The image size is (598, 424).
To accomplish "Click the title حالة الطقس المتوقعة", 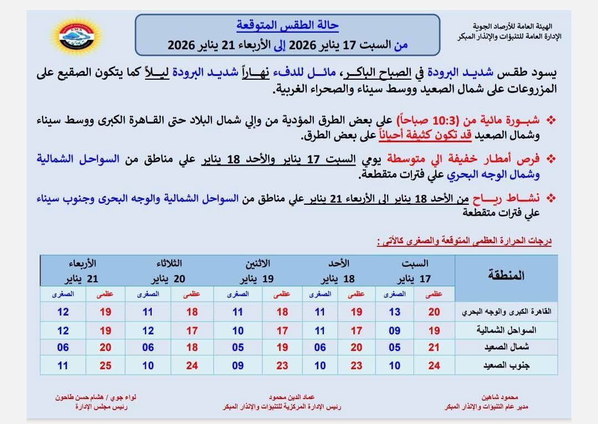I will (x=287, y=26).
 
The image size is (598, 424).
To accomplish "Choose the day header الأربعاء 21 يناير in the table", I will (x=83, y=271).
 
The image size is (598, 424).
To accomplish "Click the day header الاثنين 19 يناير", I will (x=256, y=271).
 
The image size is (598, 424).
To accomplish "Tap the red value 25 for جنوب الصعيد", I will (x=105, y=366).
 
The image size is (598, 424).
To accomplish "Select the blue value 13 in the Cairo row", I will (x=394, y=312).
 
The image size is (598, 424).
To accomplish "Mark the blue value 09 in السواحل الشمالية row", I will (x=394, y=330).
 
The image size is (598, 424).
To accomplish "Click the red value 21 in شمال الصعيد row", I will (x=434, y=348).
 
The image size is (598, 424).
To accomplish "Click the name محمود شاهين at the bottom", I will (x=500, y=397).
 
